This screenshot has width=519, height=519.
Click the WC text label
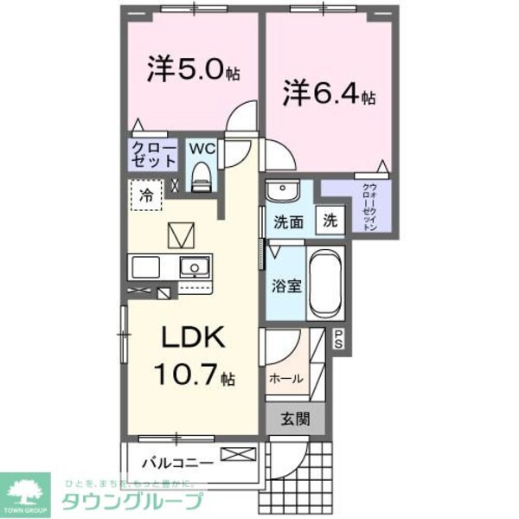(x=201, y=147)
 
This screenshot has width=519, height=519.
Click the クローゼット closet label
(x=154, y=157)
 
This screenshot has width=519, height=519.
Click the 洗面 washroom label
(x=290, y=221)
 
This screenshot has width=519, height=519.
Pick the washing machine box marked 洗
(x=330, y=220)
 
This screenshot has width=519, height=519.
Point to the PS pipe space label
(x=338, y=339)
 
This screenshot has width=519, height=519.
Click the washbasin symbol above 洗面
(x=281, y=190)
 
